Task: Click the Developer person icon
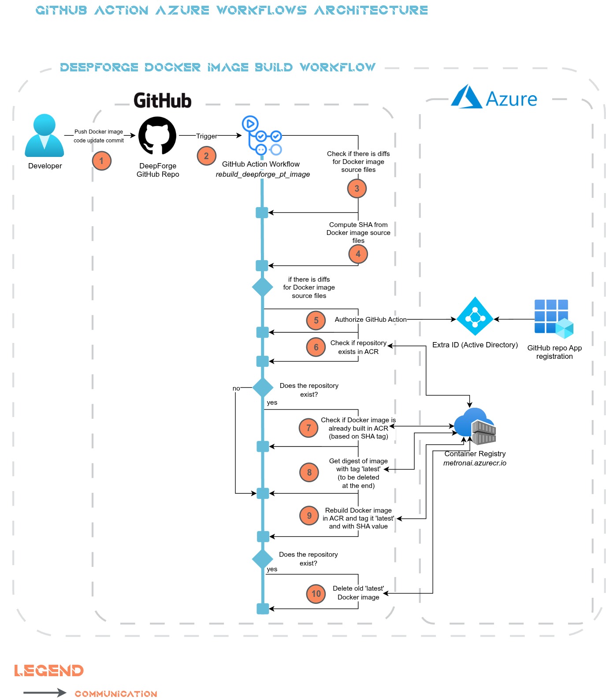45,136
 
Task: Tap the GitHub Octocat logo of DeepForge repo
157,136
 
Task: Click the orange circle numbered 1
102,161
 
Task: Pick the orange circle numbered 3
357,189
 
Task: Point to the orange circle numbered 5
316,320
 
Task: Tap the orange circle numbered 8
309,473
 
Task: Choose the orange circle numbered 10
316,594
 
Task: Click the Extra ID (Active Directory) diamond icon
475,316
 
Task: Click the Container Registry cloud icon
475,426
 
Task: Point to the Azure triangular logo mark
466,97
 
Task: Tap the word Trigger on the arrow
207,136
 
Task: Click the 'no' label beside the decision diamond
236,388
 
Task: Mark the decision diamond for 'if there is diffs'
263,287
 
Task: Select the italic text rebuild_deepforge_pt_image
263,175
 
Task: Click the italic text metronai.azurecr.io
475,463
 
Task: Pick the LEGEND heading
49,670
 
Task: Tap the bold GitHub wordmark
163,101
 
